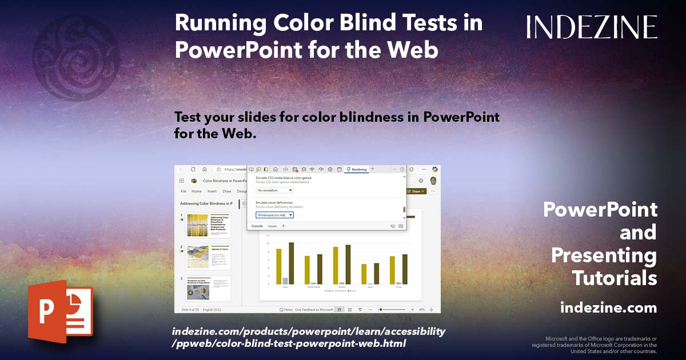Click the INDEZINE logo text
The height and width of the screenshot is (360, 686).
592,27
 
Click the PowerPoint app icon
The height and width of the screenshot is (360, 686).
61,312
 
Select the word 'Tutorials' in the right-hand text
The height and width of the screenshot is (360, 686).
615,278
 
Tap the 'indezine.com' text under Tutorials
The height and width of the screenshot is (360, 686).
608,308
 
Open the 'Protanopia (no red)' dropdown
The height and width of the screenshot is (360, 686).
274,215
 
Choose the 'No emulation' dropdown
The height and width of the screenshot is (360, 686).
274,190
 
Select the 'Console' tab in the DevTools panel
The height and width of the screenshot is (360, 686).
257,226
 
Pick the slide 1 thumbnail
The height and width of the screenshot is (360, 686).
208,226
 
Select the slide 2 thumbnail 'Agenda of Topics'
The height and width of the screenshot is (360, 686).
208,257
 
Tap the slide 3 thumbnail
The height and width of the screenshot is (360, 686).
208,289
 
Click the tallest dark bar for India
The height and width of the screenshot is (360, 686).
292,263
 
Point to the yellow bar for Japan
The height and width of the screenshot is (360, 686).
364,274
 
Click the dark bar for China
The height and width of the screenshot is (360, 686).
405,269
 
